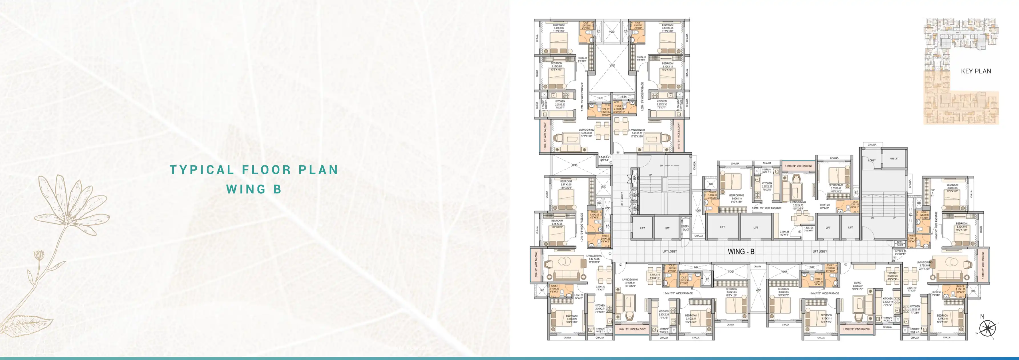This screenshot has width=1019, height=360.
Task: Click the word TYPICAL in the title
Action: (202, 170)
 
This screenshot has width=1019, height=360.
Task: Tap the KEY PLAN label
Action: (976, 71)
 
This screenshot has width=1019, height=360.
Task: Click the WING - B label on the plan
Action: (741, 252)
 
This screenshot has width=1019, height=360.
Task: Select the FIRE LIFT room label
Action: (894, 159)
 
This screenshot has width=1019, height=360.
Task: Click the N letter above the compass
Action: (982, 316)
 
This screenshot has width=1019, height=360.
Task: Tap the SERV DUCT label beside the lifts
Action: (686, 228)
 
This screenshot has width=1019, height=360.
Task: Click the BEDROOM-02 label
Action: (736, 195)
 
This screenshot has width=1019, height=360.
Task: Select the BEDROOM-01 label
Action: (836, 185)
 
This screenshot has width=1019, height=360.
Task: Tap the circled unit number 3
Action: (846, 264)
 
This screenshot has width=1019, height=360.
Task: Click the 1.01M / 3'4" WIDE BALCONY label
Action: (798, 166)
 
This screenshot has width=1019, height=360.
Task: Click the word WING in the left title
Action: (245, 189)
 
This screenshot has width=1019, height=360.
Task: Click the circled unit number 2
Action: (621, 265)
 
